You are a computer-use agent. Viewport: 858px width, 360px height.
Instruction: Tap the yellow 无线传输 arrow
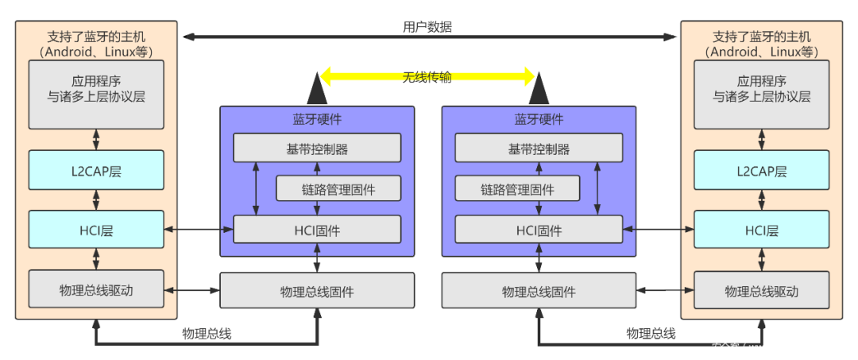427,77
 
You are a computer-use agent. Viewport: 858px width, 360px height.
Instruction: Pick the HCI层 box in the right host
761,230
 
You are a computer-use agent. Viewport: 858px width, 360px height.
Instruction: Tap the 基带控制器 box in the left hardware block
317,148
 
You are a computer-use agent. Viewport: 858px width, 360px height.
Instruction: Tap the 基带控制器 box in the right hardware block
539,148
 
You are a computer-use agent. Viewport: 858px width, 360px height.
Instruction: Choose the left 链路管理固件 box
338,189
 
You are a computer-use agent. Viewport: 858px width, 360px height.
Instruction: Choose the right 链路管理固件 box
517,189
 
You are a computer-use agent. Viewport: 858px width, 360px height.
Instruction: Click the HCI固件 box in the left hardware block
317,230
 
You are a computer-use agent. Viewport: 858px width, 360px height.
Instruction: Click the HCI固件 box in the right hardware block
539,230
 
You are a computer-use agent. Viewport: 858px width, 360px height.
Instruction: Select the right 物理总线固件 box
539,291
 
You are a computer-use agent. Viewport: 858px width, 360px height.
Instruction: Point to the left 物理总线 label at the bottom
207,334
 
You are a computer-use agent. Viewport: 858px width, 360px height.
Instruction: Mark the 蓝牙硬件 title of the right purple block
539,118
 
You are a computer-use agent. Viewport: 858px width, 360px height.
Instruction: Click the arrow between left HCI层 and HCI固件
198,230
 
